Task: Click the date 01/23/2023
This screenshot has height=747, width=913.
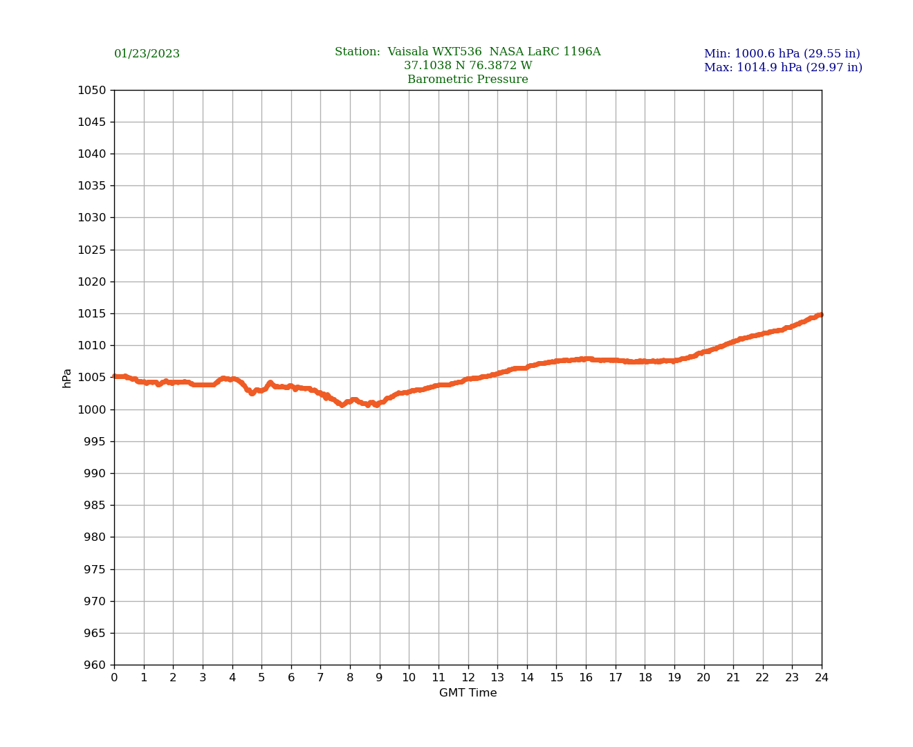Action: pos(147,54)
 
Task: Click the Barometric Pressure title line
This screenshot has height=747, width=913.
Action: pos(468,80)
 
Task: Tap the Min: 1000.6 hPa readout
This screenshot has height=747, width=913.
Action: pos(782,54)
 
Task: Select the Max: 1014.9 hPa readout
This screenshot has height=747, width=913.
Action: pos(783,68)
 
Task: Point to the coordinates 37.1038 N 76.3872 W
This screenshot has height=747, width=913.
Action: pos(468,66)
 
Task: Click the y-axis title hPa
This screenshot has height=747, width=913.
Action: pos(67,378)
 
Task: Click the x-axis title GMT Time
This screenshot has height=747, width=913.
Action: pos(468,693)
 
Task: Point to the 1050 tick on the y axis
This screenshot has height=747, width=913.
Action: pos(92,90)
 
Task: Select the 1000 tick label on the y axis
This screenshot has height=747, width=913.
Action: pos(92,409)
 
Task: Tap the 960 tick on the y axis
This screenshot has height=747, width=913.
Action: pos(95,665)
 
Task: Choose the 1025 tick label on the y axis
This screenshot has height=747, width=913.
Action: pos(92,250)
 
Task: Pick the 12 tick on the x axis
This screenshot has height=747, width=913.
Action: pos(468,678)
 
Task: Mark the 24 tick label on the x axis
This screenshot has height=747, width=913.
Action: pos(822,678)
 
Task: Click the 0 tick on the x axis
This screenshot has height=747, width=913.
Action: pos(114,678)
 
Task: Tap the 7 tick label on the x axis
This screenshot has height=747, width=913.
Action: pos(320,678)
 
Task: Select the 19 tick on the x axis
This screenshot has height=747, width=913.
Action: pos(674,678)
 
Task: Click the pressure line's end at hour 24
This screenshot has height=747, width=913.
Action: pos(821,315)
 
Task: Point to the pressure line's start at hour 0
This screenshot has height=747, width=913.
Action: pos(115,376)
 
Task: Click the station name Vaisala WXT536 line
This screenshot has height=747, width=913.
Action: pos(468,52)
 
